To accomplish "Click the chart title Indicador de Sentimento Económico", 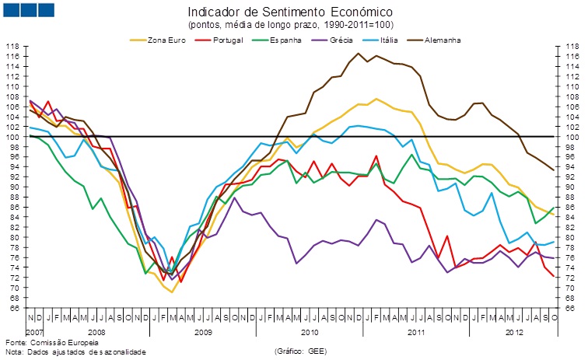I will click(x=290, y=12).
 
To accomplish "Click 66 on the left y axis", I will click(x=13, y=308).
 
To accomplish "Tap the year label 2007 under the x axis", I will click(x=33, y=332).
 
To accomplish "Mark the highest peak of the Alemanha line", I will click(x=359, y=54).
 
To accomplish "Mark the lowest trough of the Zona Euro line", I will click(x=171, y=292).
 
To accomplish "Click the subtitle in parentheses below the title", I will click(x=291, y=25).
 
